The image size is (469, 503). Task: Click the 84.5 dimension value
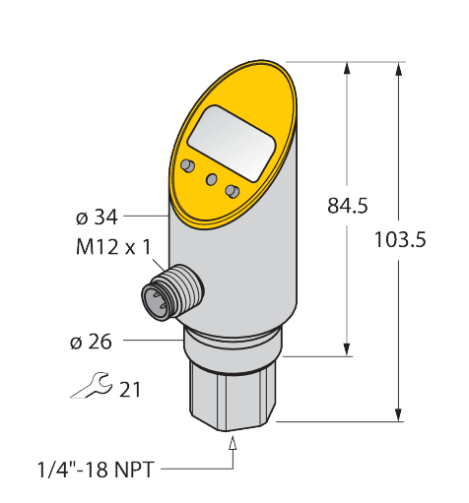(347, 206)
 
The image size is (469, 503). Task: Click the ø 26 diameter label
(92, 343)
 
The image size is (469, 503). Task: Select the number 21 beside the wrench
(130, 390)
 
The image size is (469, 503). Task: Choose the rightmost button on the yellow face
(233, 190)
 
